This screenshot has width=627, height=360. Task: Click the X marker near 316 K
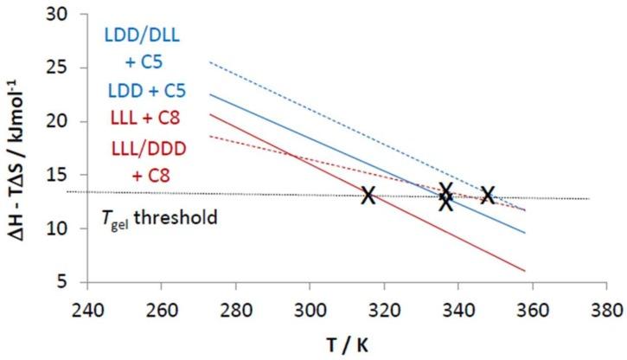[368, 196]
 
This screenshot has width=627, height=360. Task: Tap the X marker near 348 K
[488, 196]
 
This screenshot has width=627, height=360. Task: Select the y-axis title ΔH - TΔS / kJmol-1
[19, 147]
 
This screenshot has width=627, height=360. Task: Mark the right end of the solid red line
[525, 271]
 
